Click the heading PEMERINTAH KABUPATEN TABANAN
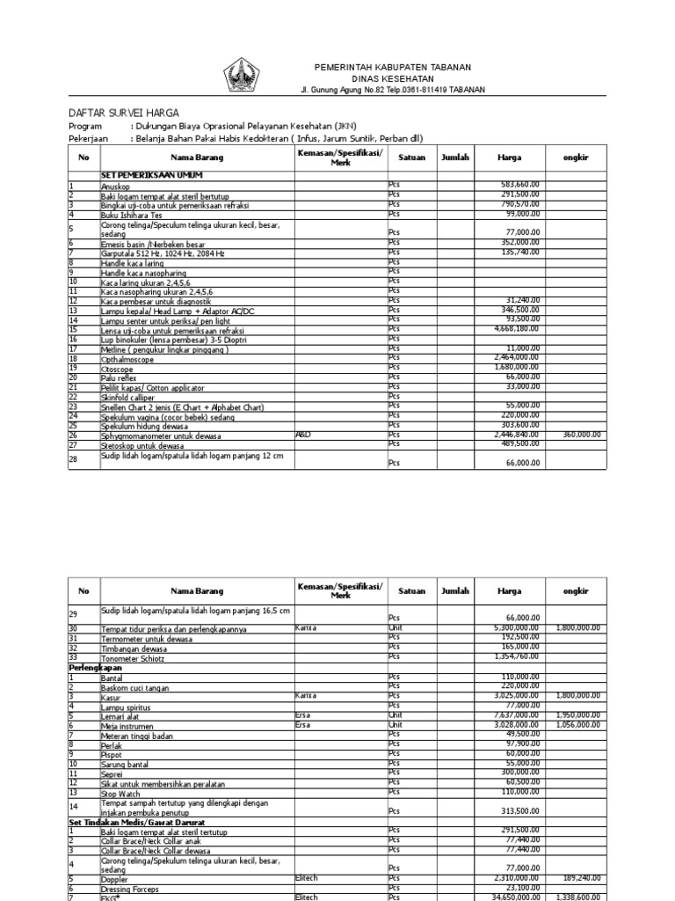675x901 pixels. pos(393,68)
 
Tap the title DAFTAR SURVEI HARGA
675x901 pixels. pos(124,113)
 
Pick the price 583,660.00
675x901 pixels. pos(519,185)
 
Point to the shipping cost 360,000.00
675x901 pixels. pos(576,435)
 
